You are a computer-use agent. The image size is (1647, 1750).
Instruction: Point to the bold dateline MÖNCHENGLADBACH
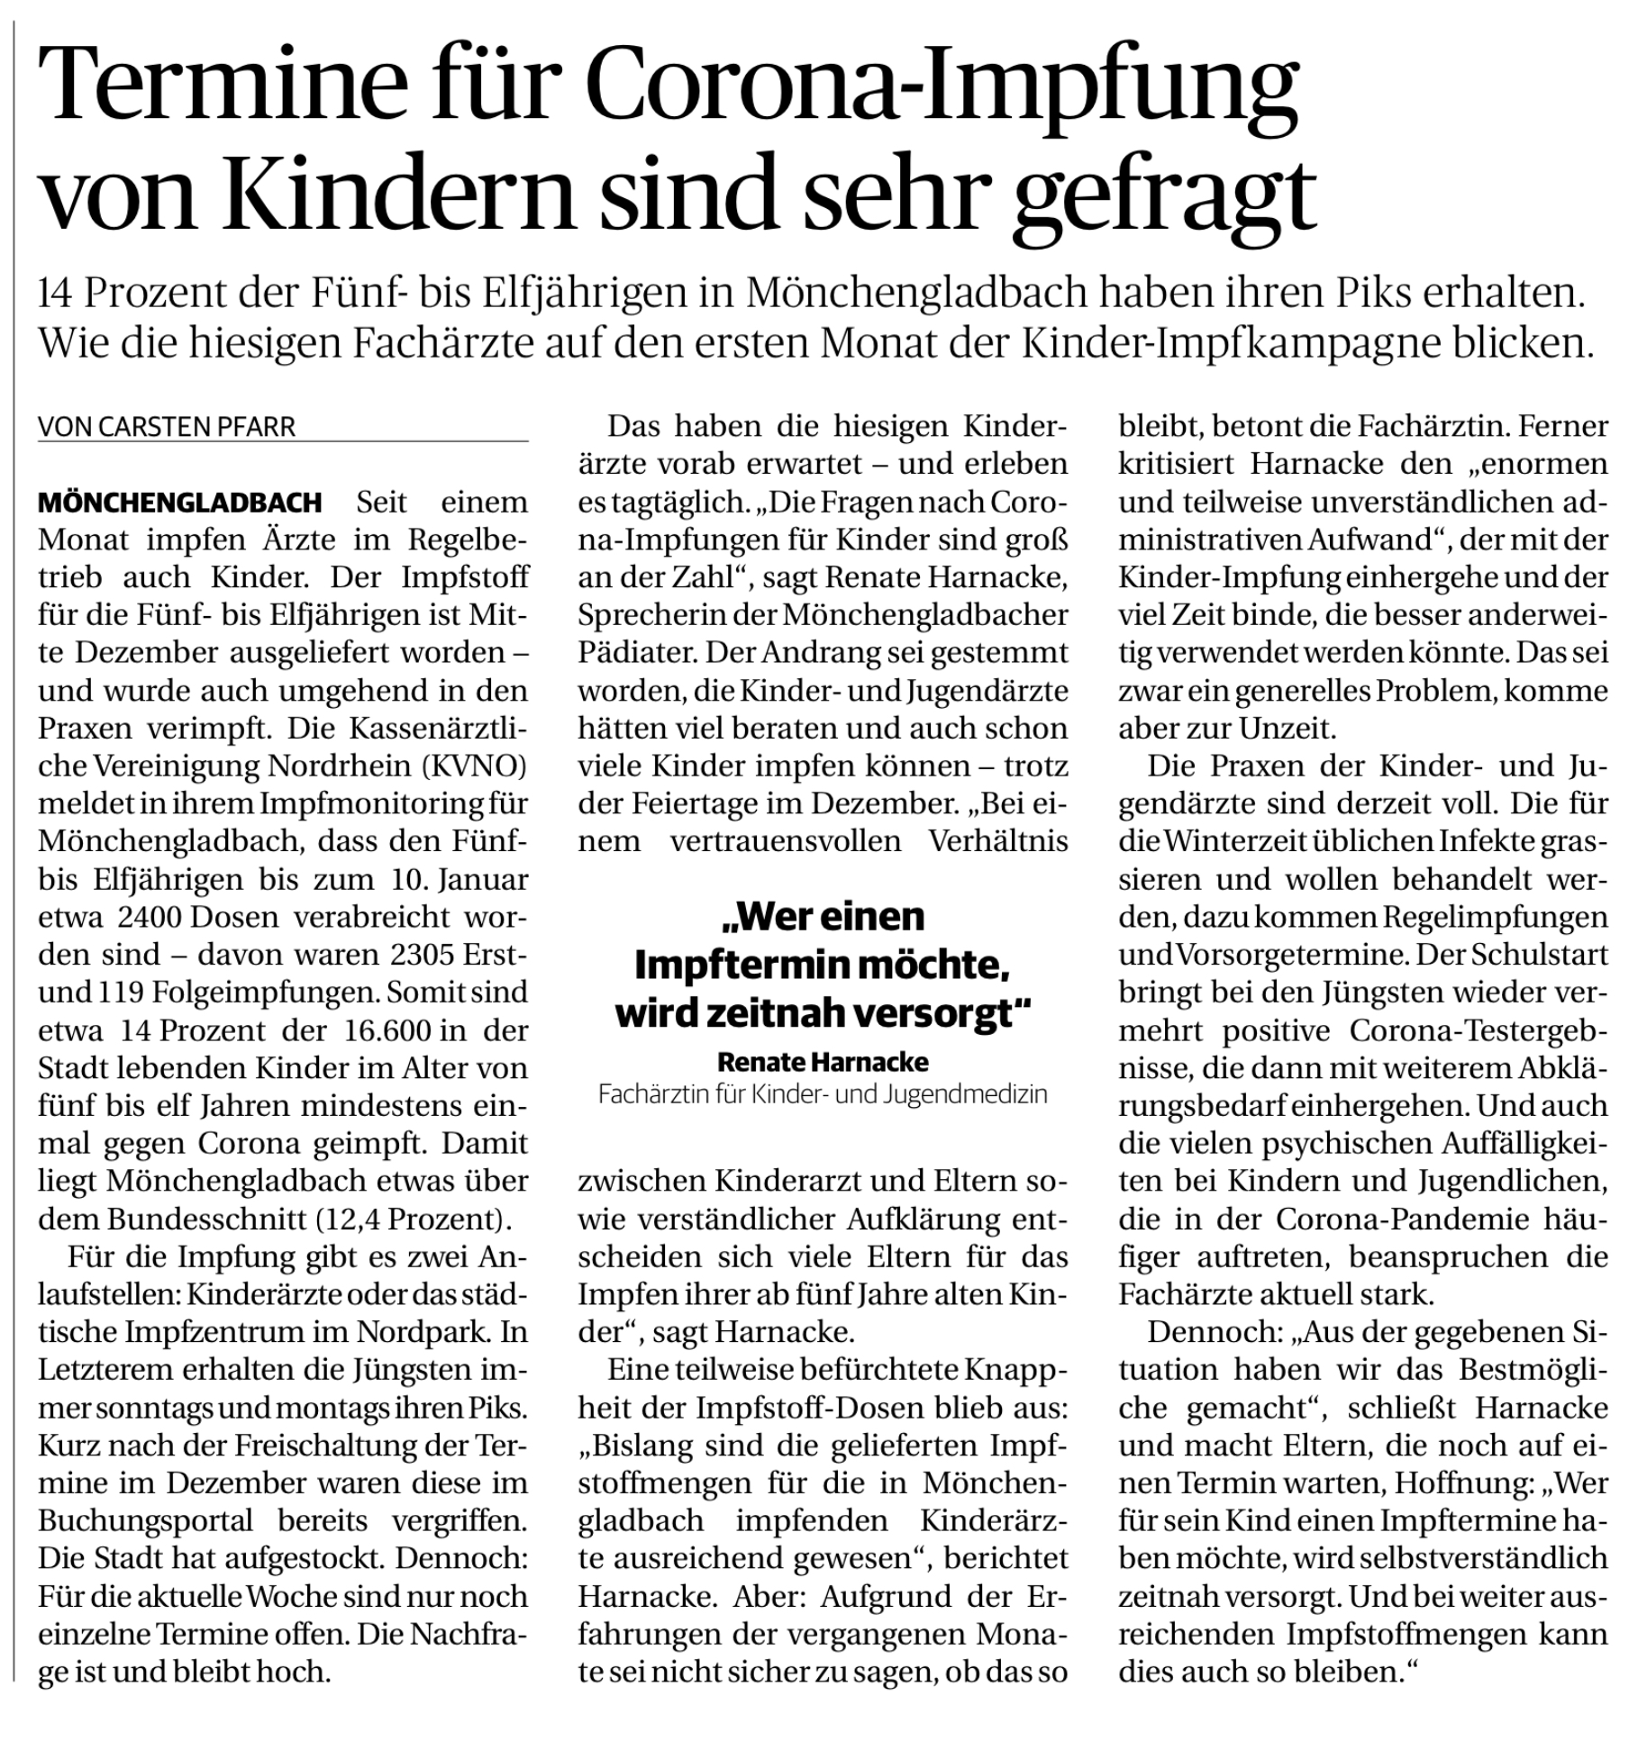click(180, 502)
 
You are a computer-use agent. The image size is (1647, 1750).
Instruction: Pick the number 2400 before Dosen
click(149, 917)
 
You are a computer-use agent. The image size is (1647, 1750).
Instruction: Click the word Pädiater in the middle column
click(635, 652)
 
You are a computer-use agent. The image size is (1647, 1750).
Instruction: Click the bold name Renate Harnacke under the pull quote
click(823, 1062)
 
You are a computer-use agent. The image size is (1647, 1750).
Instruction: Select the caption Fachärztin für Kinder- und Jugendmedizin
click(823, 1095)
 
